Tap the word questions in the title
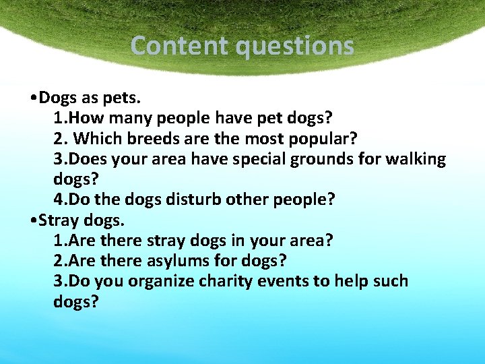(x=294, y=46)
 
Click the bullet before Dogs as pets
(x=34, y=98)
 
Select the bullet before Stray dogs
(x=34, y=220)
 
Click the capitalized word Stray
(x=60, y=220)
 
